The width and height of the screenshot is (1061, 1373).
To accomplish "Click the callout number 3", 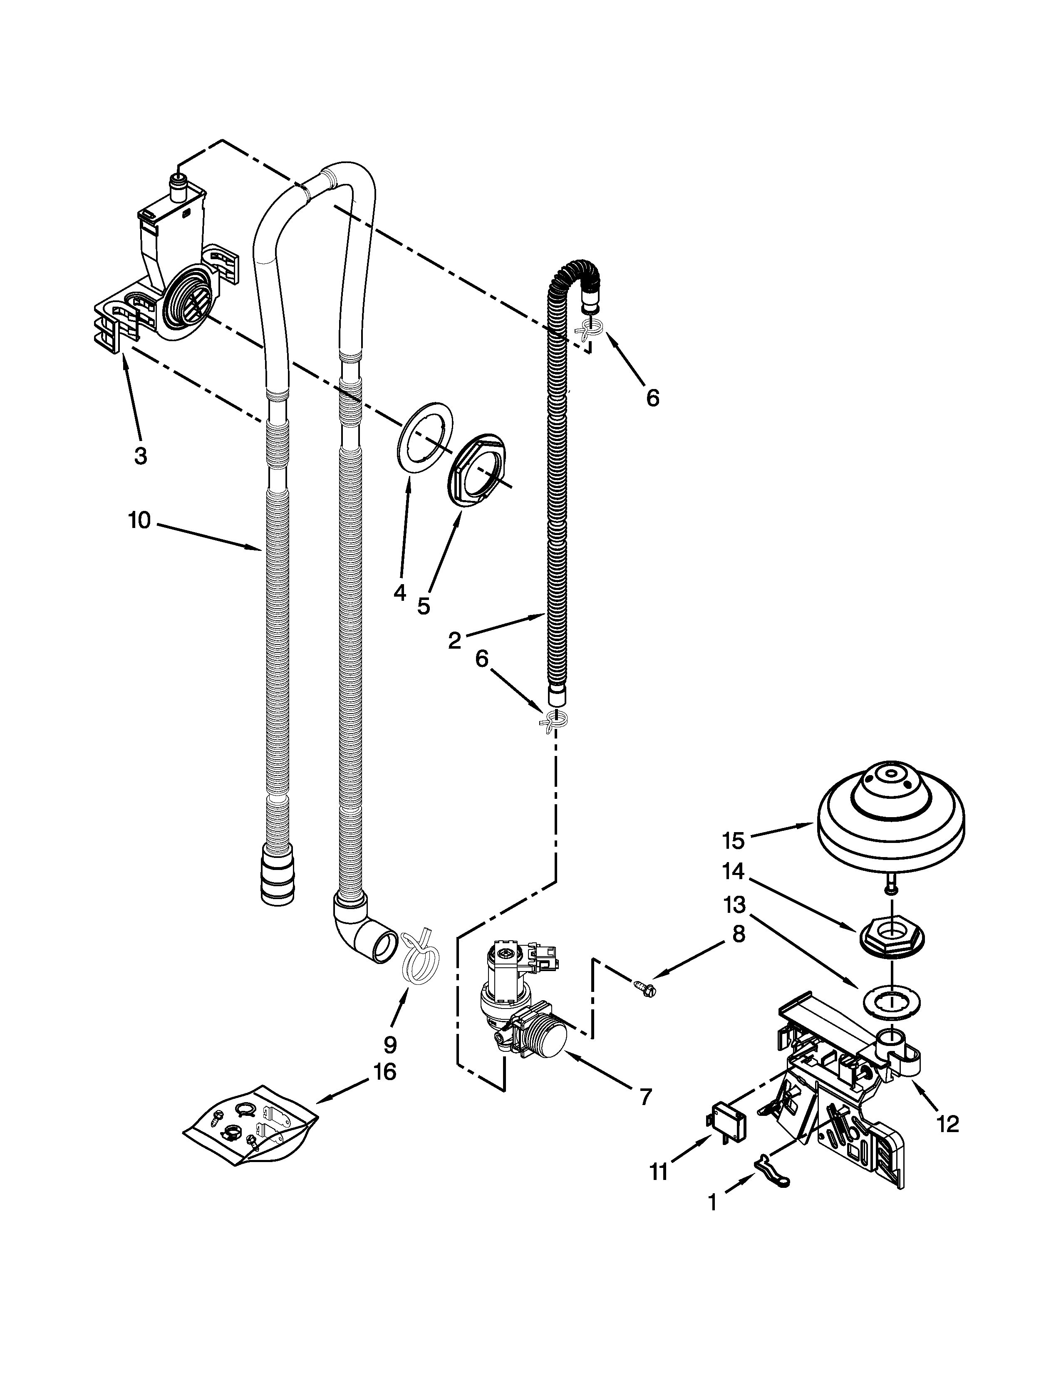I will coord(141,456).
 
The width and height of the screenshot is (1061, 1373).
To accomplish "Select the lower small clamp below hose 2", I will coord(553,721).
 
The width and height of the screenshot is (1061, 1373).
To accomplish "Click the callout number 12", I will coord(948,1123).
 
